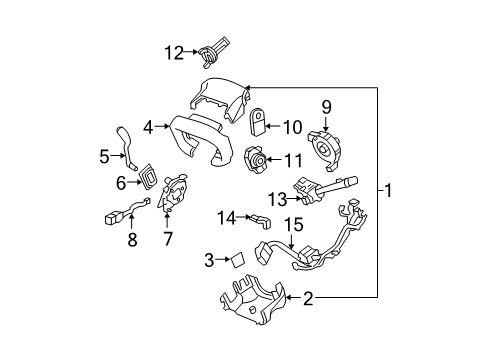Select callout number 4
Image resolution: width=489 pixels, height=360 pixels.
148,127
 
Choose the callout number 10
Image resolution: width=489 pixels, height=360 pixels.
294,127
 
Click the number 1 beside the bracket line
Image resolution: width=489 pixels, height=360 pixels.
390,190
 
